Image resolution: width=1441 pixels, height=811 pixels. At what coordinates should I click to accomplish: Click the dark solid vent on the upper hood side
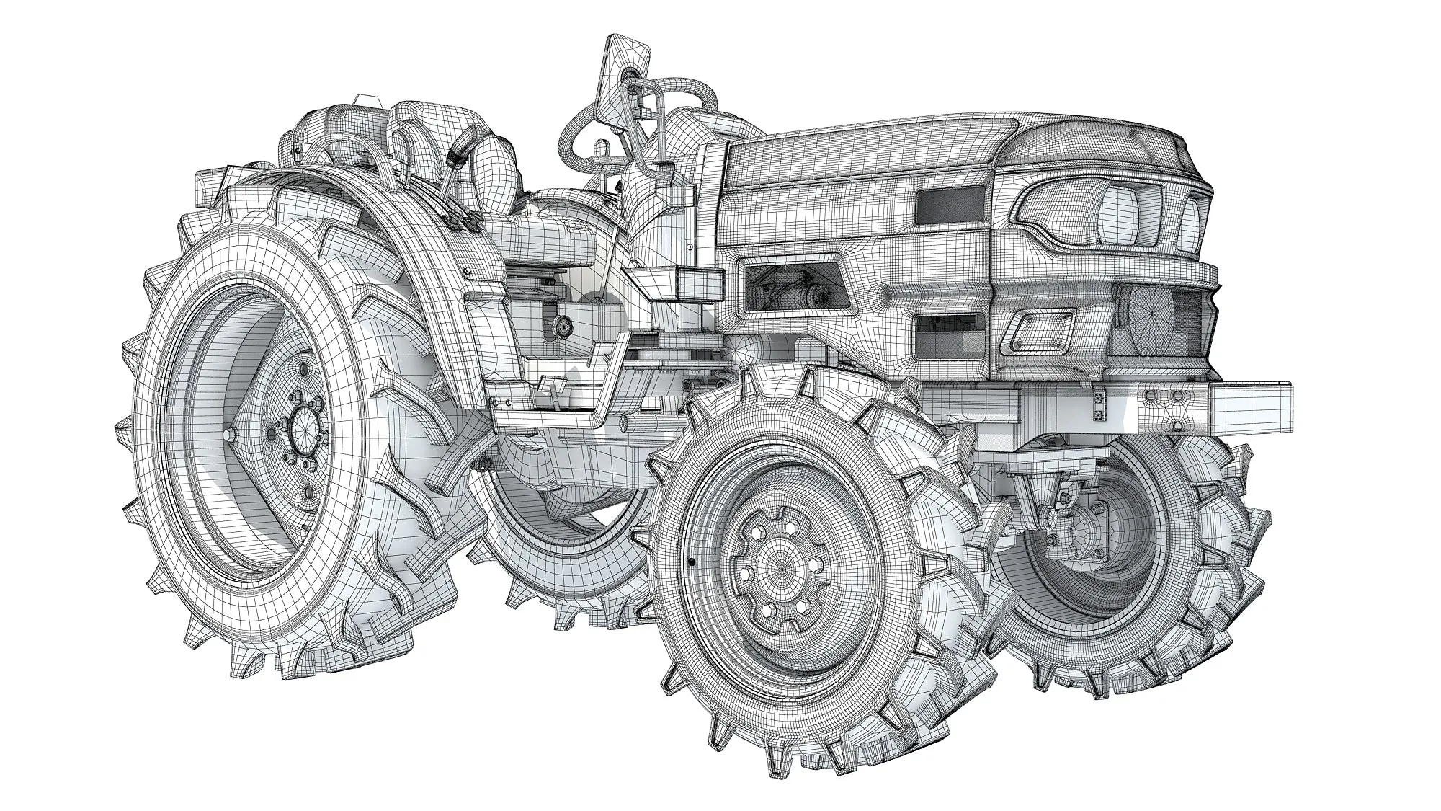tap(950, 204)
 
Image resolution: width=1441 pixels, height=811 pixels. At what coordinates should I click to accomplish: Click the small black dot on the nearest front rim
tap(690, 560)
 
